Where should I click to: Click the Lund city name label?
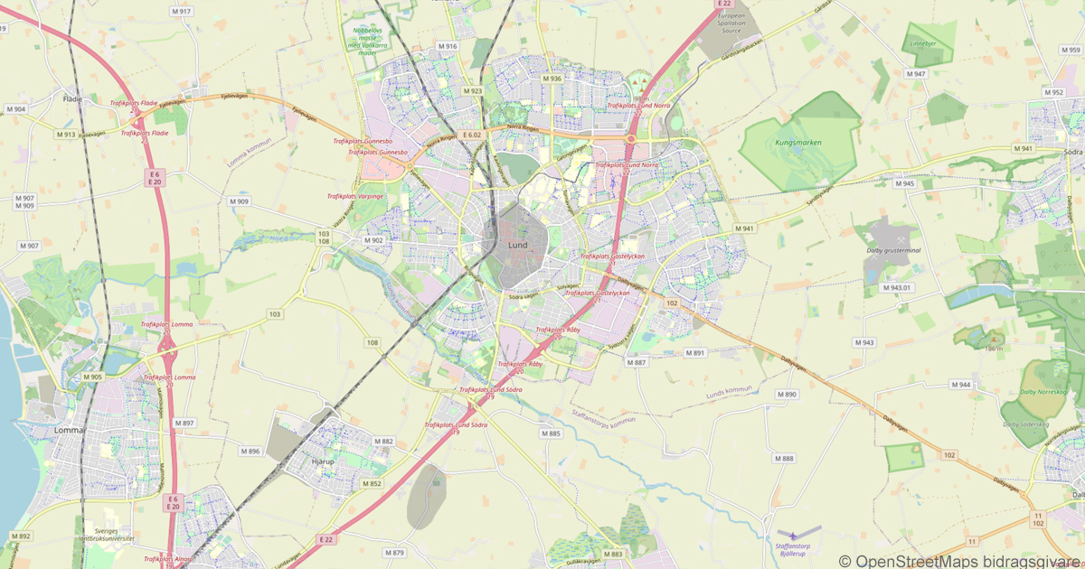(518, 245)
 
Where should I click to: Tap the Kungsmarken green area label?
(795, 143)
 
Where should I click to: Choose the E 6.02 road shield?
(471, 135)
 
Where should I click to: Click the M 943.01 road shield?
(897, 288)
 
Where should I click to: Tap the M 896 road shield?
(250, 451)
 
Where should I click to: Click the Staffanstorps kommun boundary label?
(604, 416)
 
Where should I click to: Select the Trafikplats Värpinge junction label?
(355, 196)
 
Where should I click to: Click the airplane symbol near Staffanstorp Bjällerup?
(793, 534)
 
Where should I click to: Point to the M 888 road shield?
(784, 459)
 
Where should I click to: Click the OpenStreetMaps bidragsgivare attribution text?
(959, 561)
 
